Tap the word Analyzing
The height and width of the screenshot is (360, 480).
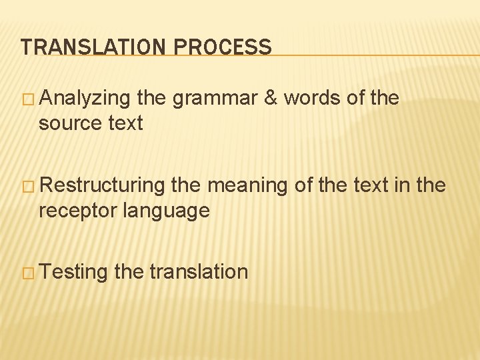(85, 99)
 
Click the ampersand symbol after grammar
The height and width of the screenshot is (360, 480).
(271, 99)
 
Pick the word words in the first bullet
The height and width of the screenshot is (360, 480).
(312, 99)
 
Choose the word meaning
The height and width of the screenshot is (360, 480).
(247, 186)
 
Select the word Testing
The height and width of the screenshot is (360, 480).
(73, 272)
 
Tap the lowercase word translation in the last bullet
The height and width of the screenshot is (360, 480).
(199, 272)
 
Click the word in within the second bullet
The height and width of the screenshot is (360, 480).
(403, 185)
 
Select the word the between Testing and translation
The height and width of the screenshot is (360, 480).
(129, 272)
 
